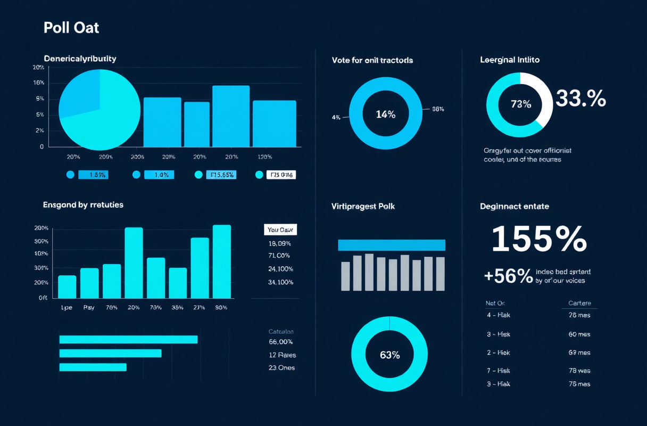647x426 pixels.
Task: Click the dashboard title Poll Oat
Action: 71,28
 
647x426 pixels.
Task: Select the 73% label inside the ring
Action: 520,104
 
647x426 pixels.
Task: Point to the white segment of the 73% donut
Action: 543,95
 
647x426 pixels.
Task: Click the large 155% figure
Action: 538,240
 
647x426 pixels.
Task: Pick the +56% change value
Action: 508,276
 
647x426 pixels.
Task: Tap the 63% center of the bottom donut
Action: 389,355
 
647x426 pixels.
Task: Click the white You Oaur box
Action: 280,230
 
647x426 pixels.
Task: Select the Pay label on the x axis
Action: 89,308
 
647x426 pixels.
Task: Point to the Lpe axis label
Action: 67,308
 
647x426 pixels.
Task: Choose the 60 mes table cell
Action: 579,334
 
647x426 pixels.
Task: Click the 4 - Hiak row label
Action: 498,315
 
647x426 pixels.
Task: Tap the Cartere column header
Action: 579,303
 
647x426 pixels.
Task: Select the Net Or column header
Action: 495,303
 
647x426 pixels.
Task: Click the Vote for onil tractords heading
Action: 372,60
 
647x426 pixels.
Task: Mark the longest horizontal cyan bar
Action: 128,339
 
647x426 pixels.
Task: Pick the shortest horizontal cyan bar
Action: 93,367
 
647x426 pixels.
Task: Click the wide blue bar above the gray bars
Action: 391,245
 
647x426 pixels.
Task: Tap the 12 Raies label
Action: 282,355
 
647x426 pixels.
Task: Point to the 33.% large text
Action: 580,99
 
